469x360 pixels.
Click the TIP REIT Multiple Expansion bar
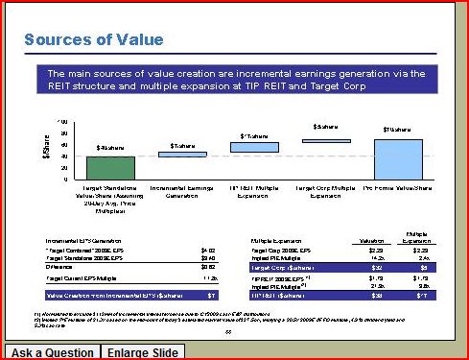click(254, 147)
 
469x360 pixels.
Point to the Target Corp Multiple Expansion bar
click(326, 140)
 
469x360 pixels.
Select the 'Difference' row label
click(61, 266)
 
